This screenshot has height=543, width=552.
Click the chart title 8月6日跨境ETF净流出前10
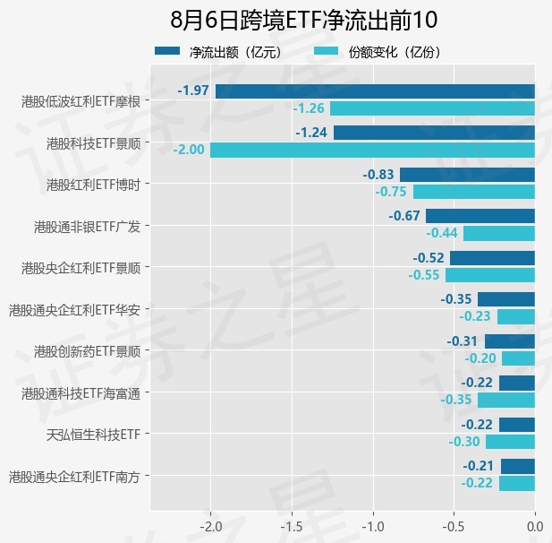[x=304, y=20]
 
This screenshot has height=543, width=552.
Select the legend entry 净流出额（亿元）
[x=218, y=52]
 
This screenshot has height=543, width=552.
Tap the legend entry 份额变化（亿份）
[x=377, y=52]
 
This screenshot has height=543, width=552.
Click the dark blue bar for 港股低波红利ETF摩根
[x=375, y=91]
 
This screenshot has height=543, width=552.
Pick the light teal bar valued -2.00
[x=372, y=151]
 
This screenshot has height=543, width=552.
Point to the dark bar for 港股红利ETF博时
[x=468, y=175]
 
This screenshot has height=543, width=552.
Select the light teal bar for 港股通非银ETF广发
[x=499, y=234]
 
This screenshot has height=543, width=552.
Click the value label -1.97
[x=193, y=90]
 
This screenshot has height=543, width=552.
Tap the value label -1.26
[x=309, y=108]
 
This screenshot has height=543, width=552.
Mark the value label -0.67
[x=404, y=216]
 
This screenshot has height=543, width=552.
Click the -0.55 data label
[x=424, y=275]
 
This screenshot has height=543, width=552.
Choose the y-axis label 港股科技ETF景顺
[x=94, y=143]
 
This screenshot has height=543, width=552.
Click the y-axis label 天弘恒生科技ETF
[x=94, y=435]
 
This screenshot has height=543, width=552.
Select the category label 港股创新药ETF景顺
[x=88, y=351]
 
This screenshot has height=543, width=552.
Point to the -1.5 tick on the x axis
[x=292, y=527]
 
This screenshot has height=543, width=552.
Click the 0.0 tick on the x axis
[x=535, y=527]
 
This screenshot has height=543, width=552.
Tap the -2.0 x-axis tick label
[x=211, y=527]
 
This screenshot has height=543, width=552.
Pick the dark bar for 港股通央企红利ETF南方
[x=518, y=466]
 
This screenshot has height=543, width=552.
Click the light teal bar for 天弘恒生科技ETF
[x=511, y=442]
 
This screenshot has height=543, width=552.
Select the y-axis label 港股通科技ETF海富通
[x=81, y=393]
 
